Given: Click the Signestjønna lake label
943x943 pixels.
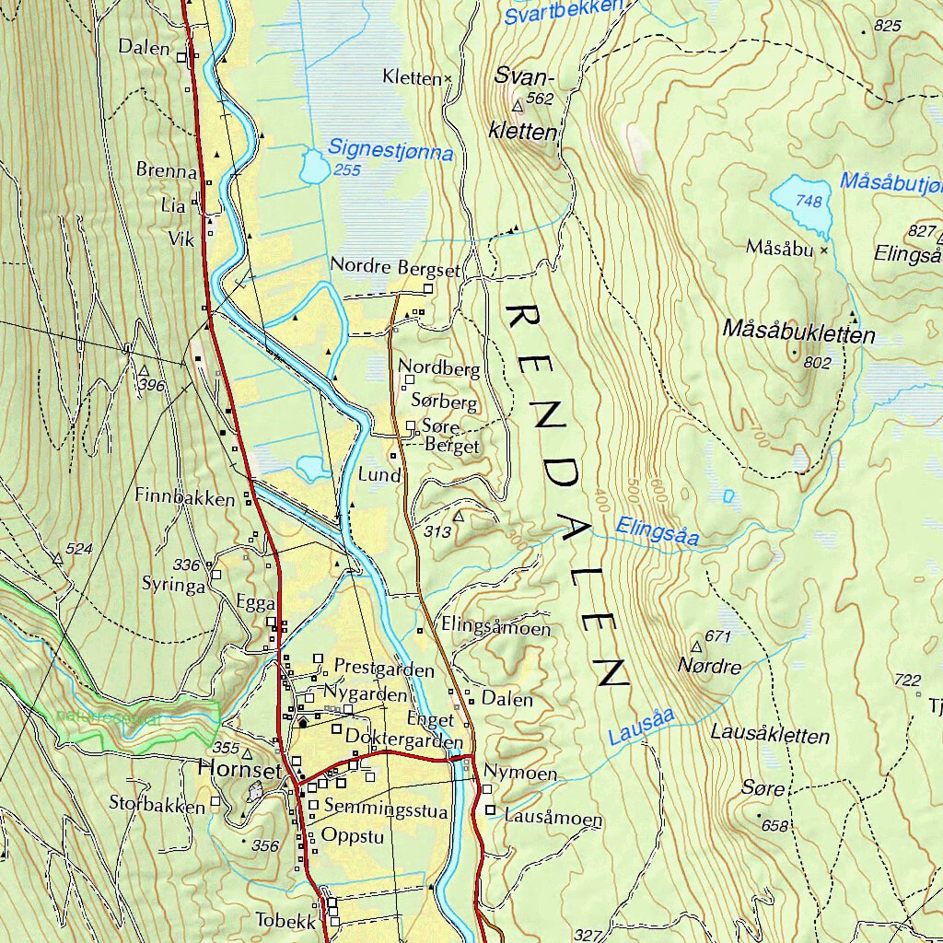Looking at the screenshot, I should (x=390, y=149).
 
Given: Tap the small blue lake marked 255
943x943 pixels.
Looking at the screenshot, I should (x=314, y=169).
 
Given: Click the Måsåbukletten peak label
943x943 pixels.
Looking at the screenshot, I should (x=798, y=332).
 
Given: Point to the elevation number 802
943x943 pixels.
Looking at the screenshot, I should (x=817, y=363).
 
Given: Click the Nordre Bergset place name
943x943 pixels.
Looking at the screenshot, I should (x=394, y=268).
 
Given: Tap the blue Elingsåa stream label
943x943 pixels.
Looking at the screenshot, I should (x=658, y=531).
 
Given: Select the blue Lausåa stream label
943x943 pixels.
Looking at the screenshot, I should (x=642, y=726).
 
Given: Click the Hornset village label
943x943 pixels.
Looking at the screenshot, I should (x=239, y=770).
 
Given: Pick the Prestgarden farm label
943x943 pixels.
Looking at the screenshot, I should (x=384, y=667).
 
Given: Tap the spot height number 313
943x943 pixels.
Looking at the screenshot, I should (x=437, y=532).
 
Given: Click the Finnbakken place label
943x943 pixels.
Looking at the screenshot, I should (x=185, y=497).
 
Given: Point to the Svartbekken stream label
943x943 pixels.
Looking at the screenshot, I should (x=564, y=12).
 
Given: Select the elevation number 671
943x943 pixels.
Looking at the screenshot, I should (x=717, y=636).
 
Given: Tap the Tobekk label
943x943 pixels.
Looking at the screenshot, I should (x=285, y=920).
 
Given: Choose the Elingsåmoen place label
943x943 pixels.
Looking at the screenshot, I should (x=495, y=629).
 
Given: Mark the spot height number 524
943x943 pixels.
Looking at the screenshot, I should (x=79, y=549).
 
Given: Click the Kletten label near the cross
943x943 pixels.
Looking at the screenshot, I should (x=412, y=78).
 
